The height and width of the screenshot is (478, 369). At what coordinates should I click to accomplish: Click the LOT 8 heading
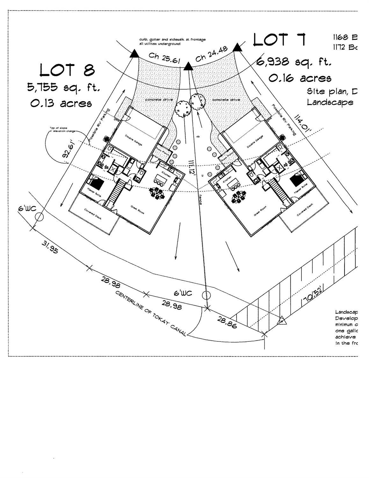67,70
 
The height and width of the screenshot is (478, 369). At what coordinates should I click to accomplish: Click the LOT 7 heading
279,40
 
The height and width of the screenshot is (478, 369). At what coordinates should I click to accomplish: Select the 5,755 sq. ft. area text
63,87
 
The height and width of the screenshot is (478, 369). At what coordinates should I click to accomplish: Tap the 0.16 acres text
300,78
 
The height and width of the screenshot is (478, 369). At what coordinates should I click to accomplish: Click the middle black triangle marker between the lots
188,66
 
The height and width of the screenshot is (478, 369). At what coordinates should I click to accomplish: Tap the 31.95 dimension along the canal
50,247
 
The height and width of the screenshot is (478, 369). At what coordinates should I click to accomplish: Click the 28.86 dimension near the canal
227,322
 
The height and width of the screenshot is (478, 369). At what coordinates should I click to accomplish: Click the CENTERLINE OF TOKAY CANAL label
151,313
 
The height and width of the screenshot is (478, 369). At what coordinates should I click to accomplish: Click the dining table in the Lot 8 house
157,193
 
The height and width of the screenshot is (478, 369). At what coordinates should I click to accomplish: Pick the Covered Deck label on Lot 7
305,210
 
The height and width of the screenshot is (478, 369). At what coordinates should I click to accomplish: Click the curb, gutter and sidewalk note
172,41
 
